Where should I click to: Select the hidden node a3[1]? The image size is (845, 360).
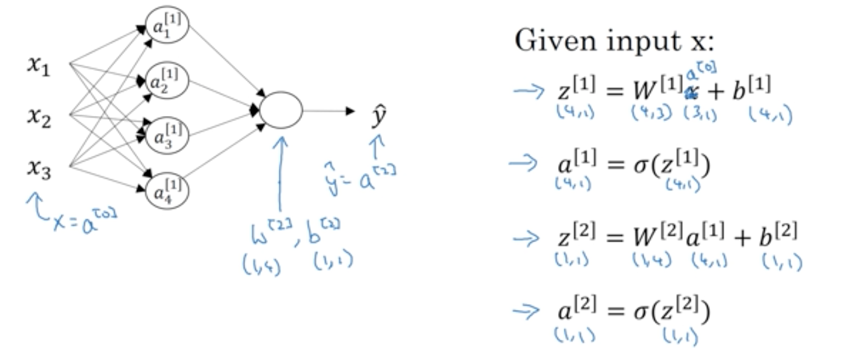click(x=167, y=133)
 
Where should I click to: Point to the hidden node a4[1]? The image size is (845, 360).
click(x=167, y=189)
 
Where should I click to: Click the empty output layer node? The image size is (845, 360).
click(x=281, y=110)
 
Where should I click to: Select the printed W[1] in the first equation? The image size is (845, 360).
click(x=653, y=89)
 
